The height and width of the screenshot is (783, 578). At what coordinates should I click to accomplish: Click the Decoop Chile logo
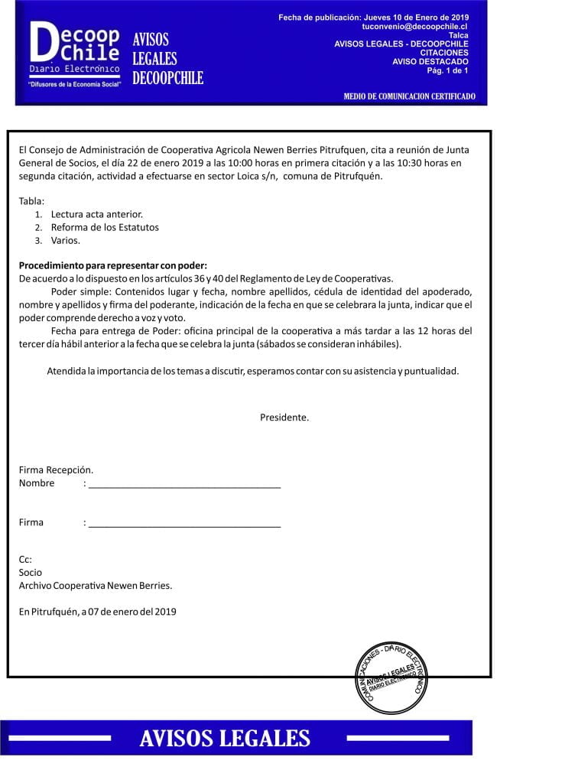point(76,54)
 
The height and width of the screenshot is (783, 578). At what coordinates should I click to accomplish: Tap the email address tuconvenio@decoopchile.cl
point(414,26)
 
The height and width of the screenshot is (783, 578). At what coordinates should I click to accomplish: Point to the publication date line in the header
point(374,17)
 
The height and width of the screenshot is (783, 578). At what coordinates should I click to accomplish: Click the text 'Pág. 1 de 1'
point(447,70)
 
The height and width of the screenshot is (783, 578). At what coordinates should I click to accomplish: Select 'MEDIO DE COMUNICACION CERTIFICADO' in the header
point(409,96)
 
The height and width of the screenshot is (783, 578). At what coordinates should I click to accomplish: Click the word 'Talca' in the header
point(459,35)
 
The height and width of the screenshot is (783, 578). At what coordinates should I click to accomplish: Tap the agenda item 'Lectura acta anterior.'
point(97,214)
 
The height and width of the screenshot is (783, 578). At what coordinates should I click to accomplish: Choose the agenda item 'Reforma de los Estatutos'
point(105,227)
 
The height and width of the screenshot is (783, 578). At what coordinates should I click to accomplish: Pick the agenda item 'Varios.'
point(66,240)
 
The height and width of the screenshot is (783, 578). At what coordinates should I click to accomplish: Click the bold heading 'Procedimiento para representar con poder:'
point(108,265)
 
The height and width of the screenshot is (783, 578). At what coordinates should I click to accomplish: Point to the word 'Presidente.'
point(284,417)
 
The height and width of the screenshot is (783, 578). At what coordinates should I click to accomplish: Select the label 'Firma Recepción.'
point(56,470)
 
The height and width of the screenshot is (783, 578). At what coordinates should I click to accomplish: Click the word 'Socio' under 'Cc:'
point(31,572)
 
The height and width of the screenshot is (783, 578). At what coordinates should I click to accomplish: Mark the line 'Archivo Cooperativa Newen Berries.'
point(96,586)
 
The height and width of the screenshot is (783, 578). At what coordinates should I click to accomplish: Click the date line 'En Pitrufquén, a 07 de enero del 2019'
point(98,611)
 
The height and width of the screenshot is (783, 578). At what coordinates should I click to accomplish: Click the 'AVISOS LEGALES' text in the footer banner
point(225,738)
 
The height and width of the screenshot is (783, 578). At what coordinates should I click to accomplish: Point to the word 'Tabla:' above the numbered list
point(32,201)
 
